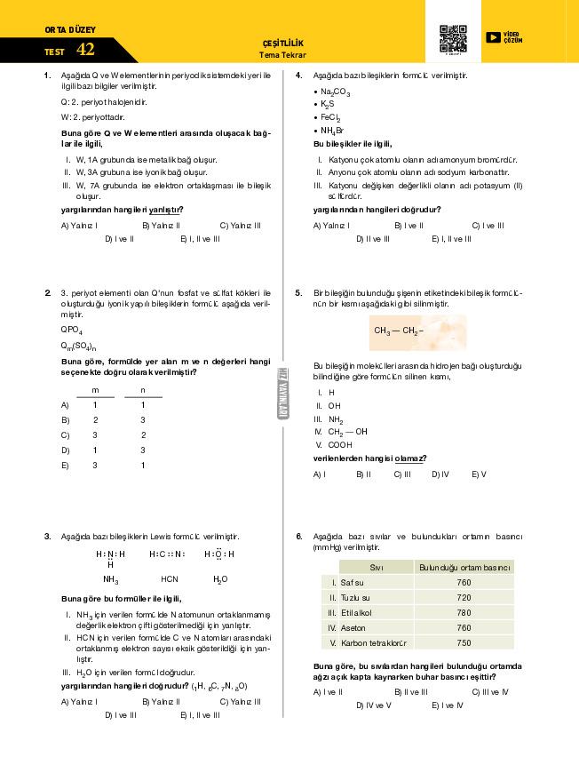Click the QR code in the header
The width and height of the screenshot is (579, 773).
pyautogui.click(x=453, y=37)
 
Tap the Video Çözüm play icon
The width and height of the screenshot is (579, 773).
pyautogui.click(x=493, y=36)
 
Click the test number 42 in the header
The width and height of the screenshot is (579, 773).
pyautogui.click(x=86, y=50)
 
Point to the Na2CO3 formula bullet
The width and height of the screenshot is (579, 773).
pyautogui.click(x=335, y=92)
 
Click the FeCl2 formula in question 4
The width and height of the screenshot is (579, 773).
pyautogui.click(x=330, y=117)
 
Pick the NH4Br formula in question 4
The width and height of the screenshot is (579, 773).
pyautogui.click(x=331, y=131)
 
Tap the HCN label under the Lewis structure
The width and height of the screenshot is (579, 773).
pyautogui.click(x=170, y=578)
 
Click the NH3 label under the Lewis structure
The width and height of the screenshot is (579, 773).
pyautogui.click(x=110, y=578)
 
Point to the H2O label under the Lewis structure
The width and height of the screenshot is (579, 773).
pyautogui.click(x=219, y=579)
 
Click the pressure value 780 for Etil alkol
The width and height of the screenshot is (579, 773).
pyautogui.click(x=464, y=612)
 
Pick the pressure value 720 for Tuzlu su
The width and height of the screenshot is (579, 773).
pyautogui.click(x=464, y=597)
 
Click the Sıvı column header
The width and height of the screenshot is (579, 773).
pyautogui.click(x=376, y=567)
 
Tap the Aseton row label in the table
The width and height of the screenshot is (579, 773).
pyautogui.click(x=353, y=627)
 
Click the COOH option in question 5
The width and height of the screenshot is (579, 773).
pyautogui.click(x=339, y=444)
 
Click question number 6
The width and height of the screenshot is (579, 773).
pyautogui.click(x=299, y=537)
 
